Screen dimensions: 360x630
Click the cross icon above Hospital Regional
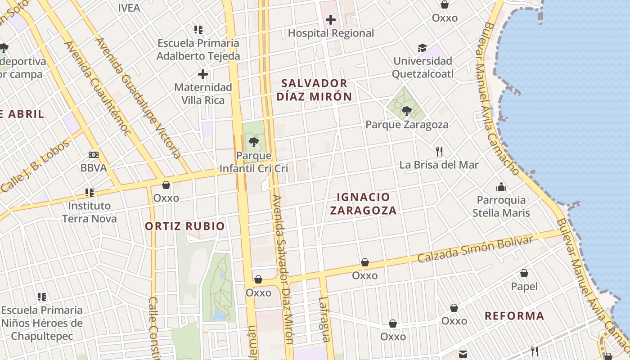[331, 20]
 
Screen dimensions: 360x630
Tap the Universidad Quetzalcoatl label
[423, 67]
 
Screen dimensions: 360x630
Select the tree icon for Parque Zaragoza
[406, 110]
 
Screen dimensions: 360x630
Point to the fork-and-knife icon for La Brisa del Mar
[439, 152]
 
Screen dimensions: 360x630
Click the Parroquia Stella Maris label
[501, 207]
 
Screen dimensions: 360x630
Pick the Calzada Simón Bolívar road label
[475, 249]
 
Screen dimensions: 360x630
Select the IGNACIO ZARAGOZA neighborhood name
[363, 204]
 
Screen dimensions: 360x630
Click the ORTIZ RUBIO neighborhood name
[184, 226]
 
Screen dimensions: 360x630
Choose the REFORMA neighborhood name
[514, 316]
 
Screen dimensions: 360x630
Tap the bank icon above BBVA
[94, 155]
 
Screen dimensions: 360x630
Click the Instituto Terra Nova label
[89, 212]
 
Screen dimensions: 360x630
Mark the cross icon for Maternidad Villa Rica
[203, 74]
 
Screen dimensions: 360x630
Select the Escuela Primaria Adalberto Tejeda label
[198, 50]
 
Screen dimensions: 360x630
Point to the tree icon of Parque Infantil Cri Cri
[254, 143]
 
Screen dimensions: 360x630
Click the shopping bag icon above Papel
[524, 273]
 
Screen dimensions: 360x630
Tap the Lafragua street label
[324, 319]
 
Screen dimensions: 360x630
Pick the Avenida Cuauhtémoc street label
[98, 88]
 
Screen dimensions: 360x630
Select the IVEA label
[129, 8]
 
